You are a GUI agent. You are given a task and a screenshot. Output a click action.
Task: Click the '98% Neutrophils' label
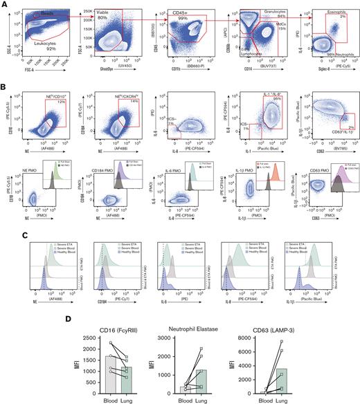[330, 55]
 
